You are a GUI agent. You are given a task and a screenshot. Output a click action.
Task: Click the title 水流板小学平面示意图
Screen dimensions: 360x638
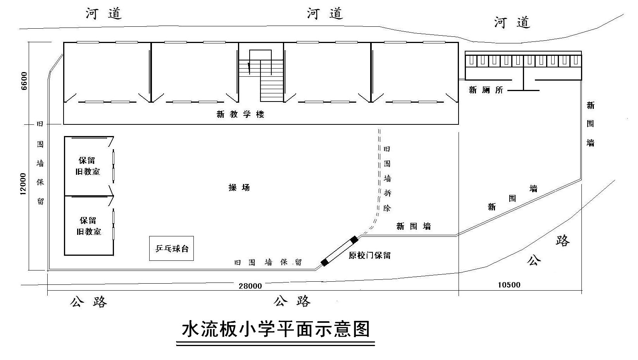pyautogui.click(x=276, y=329)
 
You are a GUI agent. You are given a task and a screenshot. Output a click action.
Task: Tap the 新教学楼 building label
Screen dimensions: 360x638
pyautogui.click(x=240, y=114)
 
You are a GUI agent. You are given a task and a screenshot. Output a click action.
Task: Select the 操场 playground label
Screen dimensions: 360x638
pyautogui.click(x=239, y=188)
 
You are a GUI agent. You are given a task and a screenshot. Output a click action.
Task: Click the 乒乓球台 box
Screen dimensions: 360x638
pyautogui.click(x=171, y=248)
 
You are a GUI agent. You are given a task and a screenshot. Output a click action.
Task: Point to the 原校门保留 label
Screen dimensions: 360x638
pyautogui.click(x=369, y=255)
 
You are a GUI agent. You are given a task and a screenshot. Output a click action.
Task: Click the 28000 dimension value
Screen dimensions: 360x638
pyautogui.click(x=250, y=286)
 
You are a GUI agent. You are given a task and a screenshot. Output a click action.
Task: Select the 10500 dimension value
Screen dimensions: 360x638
pyautogui.click(x=509, y=285)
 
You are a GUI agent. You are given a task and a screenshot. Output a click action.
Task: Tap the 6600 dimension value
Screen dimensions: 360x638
pyautogui.click(x=24, y=81)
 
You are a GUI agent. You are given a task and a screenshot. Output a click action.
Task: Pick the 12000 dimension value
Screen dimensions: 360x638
pyautogui.click(x=23, y=184)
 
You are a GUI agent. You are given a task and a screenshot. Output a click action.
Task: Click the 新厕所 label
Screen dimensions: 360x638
pyautogui.click(x=486, y=90)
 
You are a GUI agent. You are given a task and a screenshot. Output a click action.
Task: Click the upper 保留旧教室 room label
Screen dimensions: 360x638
pyautogui.click(x=88, y=166)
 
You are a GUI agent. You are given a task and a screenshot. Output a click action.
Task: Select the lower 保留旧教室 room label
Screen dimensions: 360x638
pyautogui.click(x=88, y=226)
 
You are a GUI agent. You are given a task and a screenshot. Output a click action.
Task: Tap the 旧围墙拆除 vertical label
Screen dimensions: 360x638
pyautogui.click(x=387, y=178)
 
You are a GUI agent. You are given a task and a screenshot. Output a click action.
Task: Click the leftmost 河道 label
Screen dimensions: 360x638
pyautogui.click(x=103, y=14)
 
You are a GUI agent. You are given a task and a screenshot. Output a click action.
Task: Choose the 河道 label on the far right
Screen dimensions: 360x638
pyautogui.click(x=512, y=22)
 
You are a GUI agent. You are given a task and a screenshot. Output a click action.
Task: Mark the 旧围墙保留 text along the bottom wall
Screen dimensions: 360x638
pyautogui.click(x=267, y=262)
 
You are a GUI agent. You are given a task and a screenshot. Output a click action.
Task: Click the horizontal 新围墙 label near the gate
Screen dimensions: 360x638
pyautogui.click(x=413, y=226)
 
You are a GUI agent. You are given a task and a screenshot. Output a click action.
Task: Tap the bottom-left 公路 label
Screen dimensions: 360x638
pyautogui.click(x=88, y=302)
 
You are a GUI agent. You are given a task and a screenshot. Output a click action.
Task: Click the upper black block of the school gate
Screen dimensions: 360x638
pyautogui.click(x=353, y=240)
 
